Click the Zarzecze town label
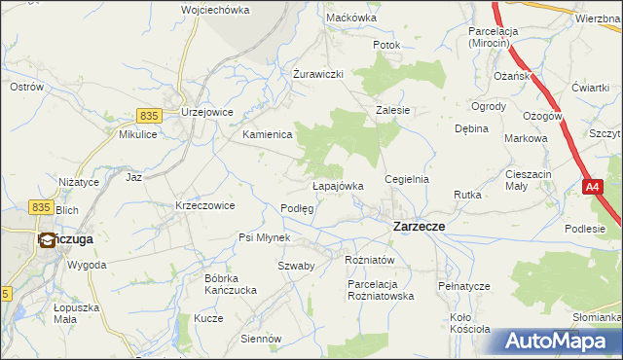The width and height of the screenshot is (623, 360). [419, 226]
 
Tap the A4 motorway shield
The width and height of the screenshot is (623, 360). [592, 186]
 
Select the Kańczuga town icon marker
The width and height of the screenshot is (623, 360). [47, 239]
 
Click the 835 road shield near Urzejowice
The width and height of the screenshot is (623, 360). [149, 115]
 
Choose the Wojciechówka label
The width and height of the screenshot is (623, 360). [215, 10]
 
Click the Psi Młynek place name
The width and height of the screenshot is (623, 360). [265, 237]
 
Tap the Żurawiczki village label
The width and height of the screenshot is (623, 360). [318, 74]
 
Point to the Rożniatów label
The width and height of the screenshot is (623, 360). [369, 260]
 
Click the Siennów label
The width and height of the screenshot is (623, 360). [261, 340]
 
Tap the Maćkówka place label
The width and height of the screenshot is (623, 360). [351, 18]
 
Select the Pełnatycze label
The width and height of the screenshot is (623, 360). [463, 286]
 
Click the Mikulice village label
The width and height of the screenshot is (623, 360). [139, 134]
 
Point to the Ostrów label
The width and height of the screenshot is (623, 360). [26, 87]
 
